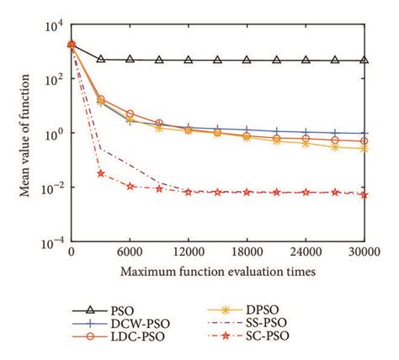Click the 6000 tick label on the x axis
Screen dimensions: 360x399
(x=130, y=251)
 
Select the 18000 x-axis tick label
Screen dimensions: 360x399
(x=247, y=251)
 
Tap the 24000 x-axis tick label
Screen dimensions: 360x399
(x=306, y=251)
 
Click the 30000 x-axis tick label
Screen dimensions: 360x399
(x=364, y=251)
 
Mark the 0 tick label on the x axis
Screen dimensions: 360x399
(x=72, y=251)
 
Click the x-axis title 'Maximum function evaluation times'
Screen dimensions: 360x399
(x=217, y=271)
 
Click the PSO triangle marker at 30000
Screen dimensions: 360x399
(x=364, y=61)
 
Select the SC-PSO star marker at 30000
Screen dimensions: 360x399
(x=364, y=194)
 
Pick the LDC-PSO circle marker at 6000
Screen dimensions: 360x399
(x=130, y=114)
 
